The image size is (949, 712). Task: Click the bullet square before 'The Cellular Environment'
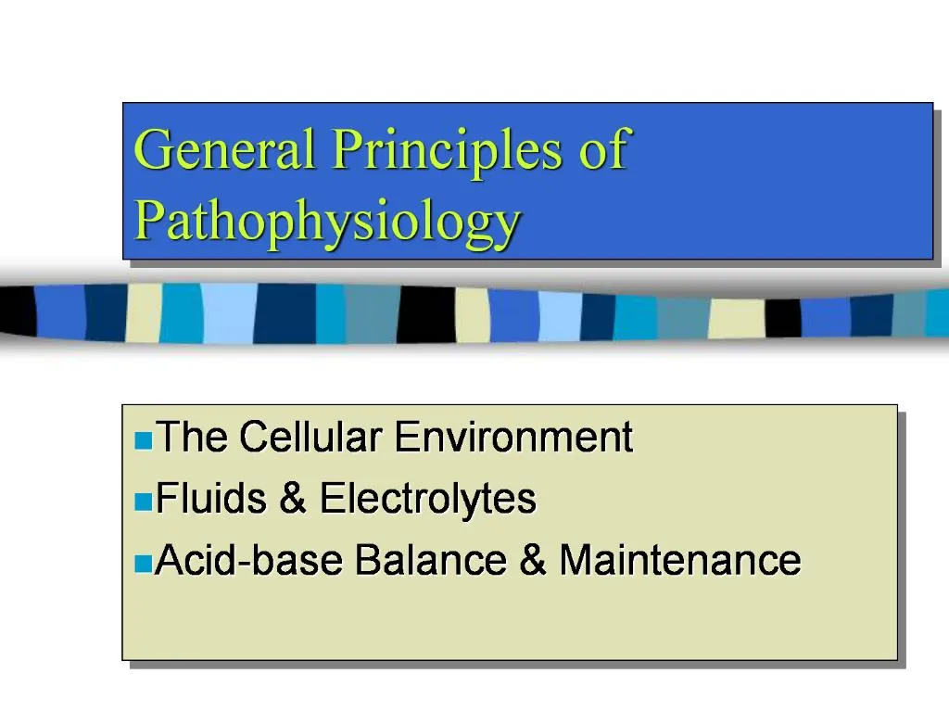tap(142, 439)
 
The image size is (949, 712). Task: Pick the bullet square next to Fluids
tap(142, 502)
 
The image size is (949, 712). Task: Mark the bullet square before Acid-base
tap(142, 564)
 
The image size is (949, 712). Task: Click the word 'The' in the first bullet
tap(190, 437)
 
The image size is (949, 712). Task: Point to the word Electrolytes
tap(428, 500)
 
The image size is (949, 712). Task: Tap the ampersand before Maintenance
tap(533, 561)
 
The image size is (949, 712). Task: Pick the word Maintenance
tap(680, 560)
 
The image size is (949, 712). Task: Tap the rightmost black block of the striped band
tap(783, 318)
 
